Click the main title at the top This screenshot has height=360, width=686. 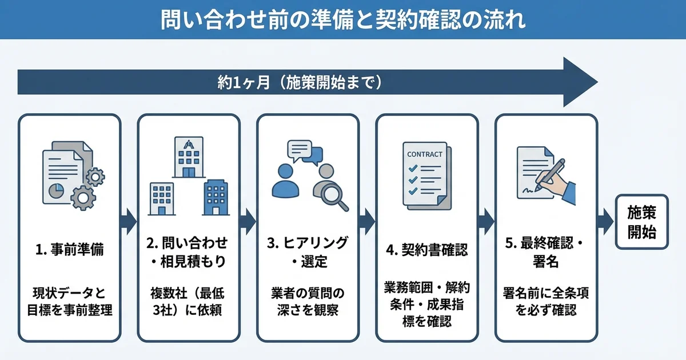point(343,19)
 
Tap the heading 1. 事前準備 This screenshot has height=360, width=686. point(69,250)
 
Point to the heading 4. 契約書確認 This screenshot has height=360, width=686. point(426,250)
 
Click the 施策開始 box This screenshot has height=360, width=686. point(641,222)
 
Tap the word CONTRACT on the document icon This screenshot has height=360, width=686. point(424,154)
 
